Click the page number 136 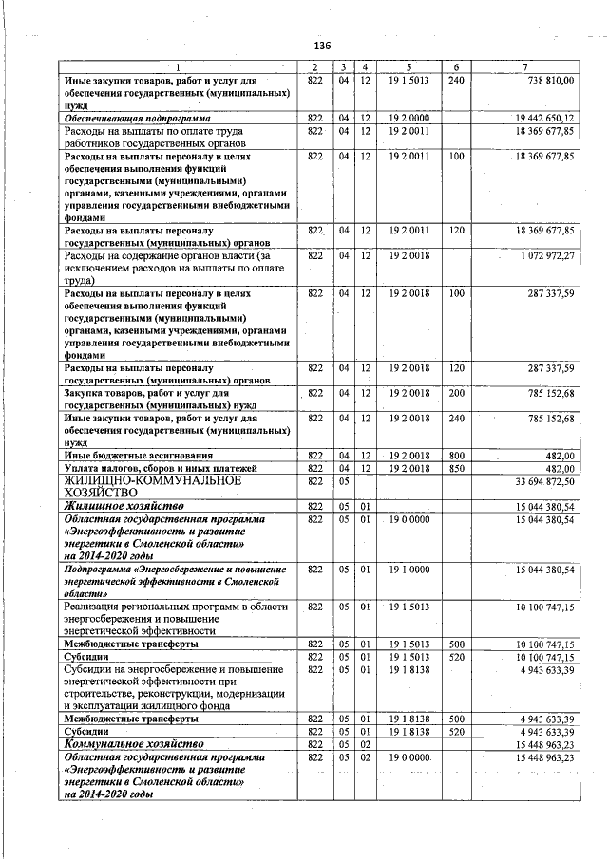click(321, 46)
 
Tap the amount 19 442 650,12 click(543, 118)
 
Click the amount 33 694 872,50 click(544, 482)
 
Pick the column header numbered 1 click(175, 67)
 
